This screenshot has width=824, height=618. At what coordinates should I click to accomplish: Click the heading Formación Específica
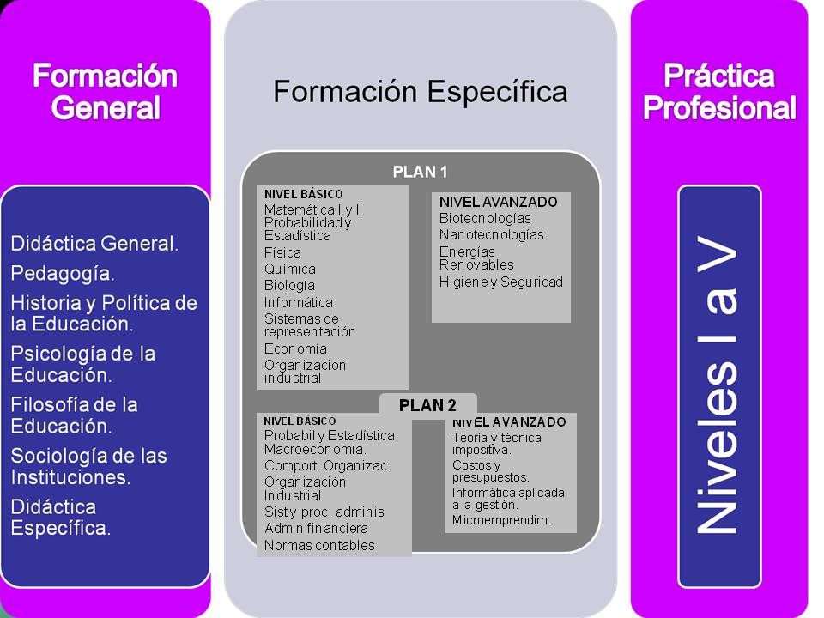pyautogui.click(x=421, y=92)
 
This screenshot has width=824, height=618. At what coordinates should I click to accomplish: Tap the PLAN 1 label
pyautogui.click(x=420, y=172)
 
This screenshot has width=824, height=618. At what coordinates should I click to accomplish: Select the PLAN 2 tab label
pyautogui.click(x=427, y=405)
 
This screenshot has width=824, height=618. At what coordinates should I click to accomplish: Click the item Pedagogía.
pyautogui.click(x=63, y=274)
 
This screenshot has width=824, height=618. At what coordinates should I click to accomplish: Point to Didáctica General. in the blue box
pyautogui.click(x=94, y=243)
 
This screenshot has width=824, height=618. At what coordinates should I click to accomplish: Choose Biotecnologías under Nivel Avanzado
pyautogui.click(x=485, y=218)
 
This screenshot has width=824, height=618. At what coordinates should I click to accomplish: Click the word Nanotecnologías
pyautogui.click(x=491, y=234)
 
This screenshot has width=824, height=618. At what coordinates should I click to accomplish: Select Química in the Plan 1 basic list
pyautogui.click(x=290, y=269)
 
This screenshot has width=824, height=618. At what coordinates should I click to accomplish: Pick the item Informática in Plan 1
pyautogui.click(x=299, y=302)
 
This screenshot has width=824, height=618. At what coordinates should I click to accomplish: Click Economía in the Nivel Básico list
pyautogui.click(x=295, y=348)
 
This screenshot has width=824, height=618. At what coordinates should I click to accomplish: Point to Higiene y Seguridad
pyautogui.click(x=500, y=282)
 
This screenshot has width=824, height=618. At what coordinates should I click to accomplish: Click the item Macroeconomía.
pyautogui.click(x=315, y=449)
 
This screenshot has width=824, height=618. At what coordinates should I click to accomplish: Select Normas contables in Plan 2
pyautogui.click(x=319, y=546)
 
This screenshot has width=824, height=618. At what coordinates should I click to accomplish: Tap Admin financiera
pyautogui.click(x=317, y=528)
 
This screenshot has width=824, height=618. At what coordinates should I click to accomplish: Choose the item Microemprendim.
pyautogui.click(x=501, y=520)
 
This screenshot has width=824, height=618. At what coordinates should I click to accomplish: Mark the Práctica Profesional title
pyautogui.click(x=719, y=92)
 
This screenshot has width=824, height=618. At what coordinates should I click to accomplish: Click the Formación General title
pyautogui.click(x=105, y=92)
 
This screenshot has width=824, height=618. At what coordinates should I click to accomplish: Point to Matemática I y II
pyautogui.click(x=313, y=209)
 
